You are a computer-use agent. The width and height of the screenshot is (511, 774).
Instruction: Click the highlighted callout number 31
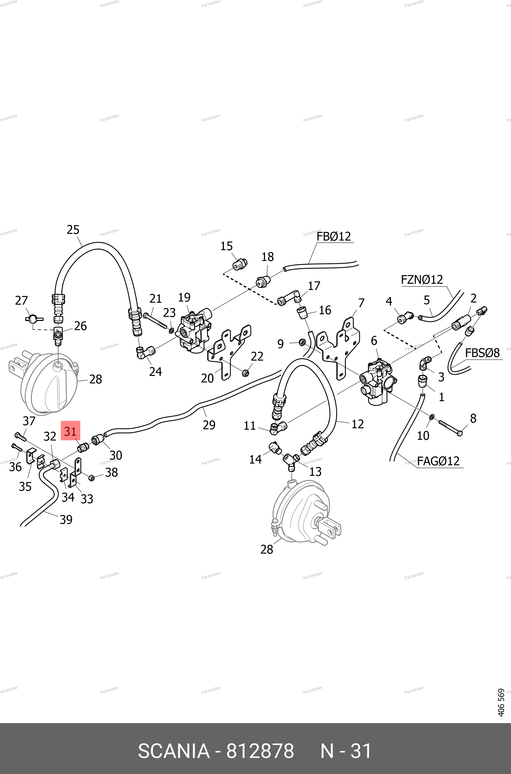pos(70,431)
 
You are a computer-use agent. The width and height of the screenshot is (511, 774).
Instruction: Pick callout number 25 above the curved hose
pos(73,230)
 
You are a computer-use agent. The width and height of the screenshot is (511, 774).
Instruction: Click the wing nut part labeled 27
pos(34,318)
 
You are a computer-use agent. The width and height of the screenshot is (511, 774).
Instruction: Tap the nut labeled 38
pos(92,478)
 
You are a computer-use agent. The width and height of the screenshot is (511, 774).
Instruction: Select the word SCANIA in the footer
pos(174,751)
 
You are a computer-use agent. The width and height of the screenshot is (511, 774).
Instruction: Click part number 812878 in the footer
pos(260,751)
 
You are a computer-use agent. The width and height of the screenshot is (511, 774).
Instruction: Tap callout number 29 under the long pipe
pos(209,425)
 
